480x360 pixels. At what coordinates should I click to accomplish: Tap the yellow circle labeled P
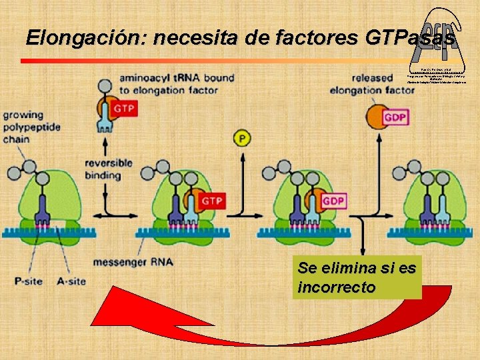tap(242, 138)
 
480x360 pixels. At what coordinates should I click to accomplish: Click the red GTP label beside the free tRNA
tap(124, 109)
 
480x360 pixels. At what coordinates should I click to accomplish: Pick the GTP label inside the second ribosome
tap(211, 201)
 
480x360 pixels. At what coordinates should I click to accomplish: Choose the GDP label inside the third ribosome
tap(333, 201)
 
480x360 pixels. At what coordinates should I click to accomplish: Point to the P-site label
tap(28, 281)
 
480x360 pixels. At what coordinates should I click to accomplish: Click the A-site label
tap(70, 281)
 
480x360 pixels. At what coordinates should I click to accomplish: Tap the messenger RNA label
tap(133, 262)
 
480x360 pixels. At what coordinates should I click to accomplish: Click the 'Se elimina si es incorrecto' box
tap(357, 278)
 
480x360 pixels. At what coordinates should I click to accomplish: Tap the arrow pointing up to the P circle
tap(241, 180)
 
